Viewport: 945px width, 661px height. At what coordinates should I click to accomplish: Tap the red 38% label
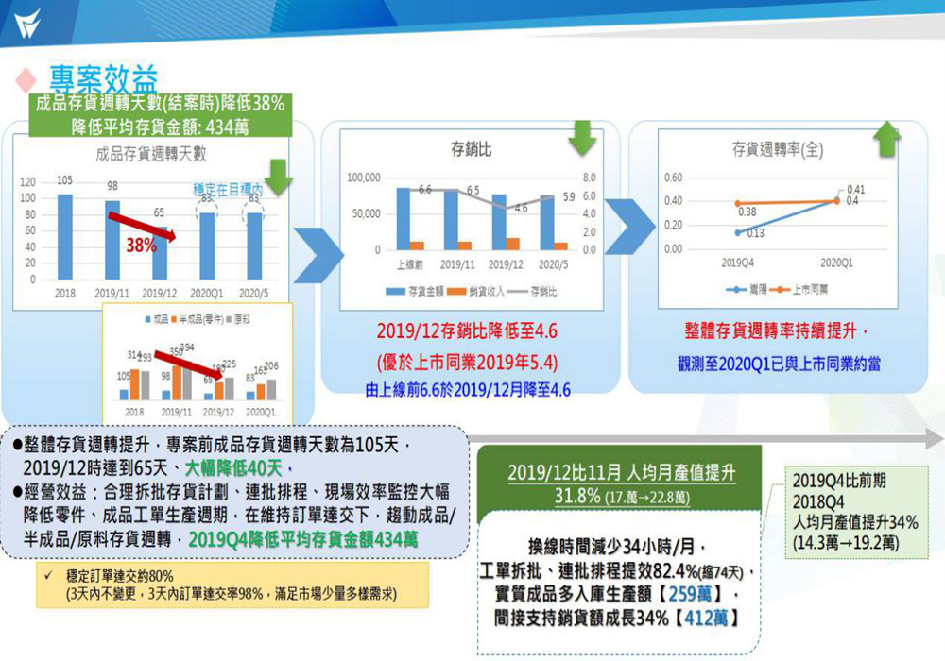point(142,246)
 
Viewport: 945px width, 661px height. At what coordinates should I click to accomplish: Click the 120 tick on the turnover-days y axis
point(28,181)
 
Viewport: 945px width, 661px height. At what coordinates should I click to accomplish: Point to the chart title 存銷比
point(471,149)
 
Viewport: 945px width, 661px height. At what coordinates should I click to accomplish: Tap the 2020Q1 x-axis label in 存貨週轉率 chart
point(835,262)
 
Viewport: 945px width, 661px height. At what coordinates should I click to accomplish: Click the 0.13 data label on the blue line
point(753,233)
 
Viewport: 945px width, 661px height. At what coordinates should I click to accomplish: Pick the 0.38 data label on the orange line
point(747,211)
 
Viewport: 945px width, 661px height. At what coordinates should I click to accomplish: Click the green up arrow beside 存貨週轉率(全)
point(886,139)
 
